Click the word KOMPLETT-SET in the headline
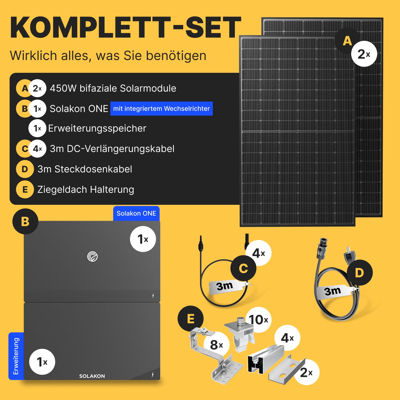[x=126, y=28]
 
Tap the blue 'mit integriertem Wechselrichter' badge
[x=162, y=109]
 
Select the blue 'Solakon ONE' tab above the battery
[x=136, y=213]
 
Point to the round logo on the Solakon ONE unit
[x=93, y=257]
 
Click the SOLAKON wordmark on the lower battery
[x=92, y=376]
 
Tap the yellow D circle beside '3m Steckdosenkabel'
[x=25, y=169]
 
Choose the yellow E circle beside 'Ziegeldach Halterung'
[x=25, y=190]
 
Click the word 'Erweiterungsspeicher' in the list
[x=97, y=128]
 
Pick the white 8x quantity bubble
[x=217, y=345]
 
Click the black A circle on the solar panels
[x=347, y=41]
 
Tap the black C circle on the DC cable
[x=243, y=268]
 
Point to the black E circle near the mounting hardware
[x=191, y=319]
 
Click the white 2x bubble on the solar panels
[x=364, y=54]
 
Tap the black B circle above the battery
[x=25, y=221]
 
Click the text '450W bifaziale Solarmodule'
[x=113, y=88]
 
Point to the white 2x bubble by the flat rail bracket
[x=306, y=372]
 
